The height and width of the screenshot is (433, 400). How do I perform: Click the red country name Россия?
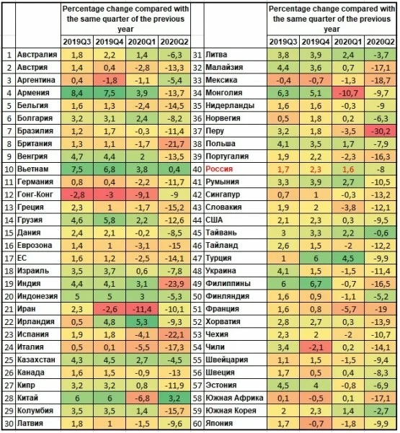click(x=219, y=169)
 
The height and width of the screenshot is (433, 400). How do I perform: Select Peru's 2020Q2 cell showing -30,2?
click(x=381, y=131)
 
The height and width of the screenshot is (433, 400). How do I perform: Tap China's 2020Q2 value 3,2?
click(x=174, y=398)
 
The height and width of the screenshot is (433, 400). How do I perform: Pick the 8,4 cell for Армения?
click(x=77, y=93)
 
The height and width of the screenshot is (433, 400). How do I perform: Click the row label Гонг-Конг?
click(x=35, y=195)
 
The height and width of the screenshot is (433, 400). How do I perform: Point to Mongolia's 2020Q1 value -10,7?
click(x=348, y=93)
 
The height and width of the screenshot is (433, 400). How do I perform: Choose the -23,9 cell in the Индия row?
click(x=174, y=284)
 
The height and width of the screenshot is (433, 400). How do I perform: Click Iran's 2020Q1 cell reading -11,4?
click(x=142, y=309)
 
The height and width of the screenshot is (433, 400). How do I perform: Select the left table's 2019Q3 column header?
click(x=77, y=42)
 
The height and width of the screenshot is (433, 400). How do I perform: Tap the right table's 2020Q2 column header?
click(x=381, y=42)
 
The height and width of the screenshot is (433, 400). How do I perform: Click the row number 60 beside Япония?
click(x=197, y=424)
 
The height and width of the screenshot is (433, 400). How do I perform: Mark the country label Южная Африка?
click(x=234, y=398)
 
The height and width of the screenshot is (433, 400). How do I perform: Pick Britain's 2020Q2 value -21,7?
click(x=174, y=143)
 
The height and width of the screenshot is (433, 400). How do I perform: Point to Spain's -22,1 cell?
click(x=174, y=334)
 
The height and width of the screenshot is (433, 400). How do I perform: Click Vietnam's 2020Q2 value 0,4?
click(x=174, y=169)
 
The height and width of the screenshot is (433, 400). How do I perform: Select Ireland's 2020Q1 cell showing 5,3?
click(x=142, y=322)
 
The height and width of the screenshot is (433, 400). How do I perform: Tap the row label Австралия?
click(x=37, y=55)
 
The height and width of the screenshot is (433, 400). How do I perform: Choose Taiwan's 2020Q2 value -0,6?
click(x=381, y=233)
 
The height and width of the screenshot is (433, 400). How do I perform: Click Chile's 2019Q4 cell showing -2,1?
click(x=316, y=347)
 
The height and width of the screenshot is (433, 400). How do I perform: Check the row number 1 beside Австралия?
click(x=9, y=55)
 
